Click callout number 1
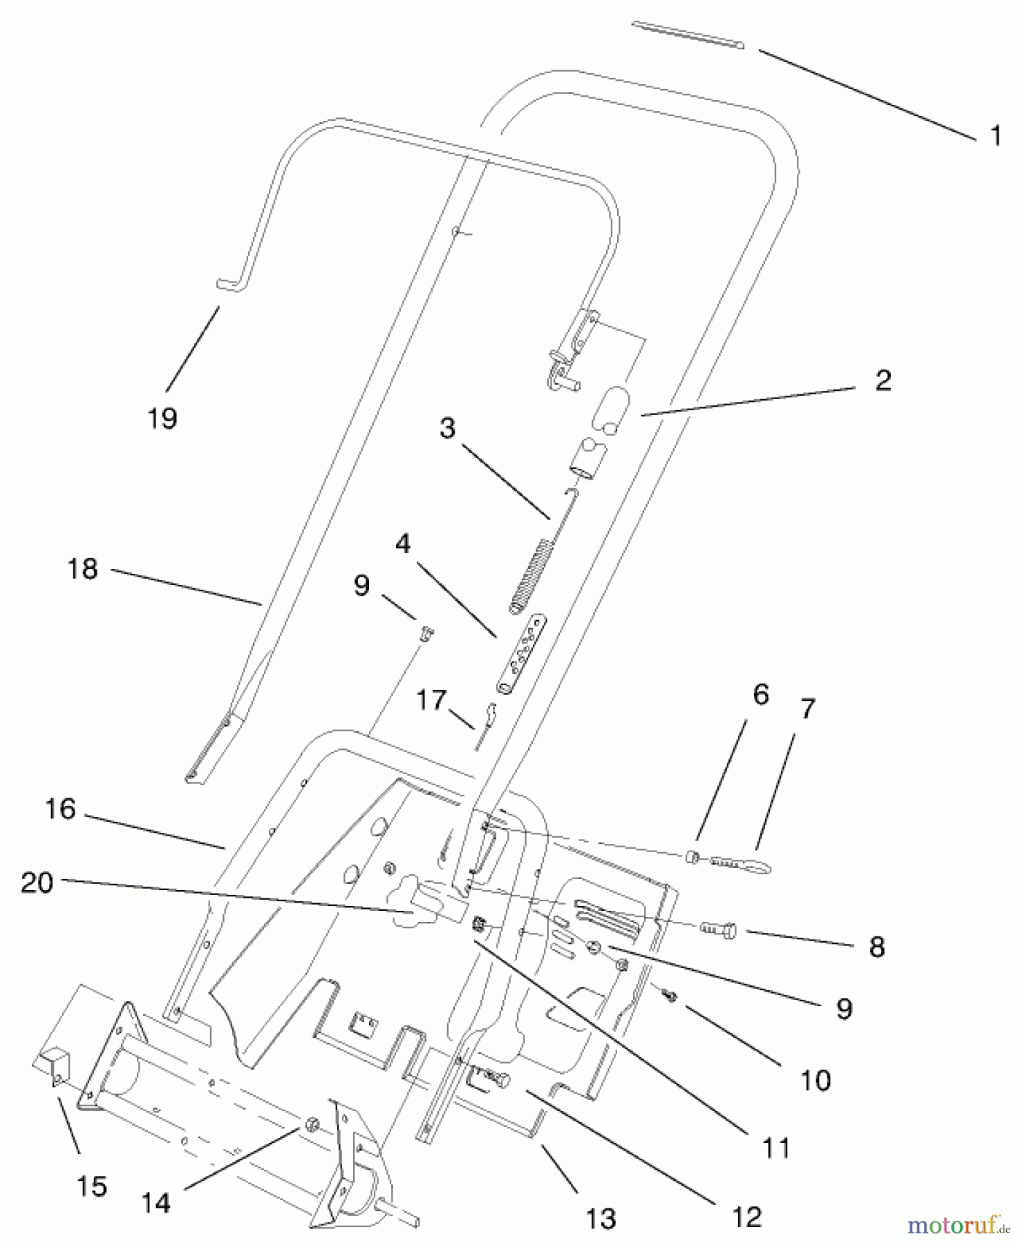[995, 135]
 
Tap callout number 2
[883, 380]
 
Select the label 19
[162, 418]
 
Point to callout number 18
[83, 569]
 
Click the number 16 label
[60, 809]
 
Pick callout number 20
[37, 883]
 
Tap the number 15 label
[92, 1186]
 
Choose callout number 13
[601, 1219]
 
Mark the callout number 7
[807, 709]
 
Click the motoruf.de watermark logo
[957, 1224]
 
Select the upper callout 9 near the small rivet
[361, 586]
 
